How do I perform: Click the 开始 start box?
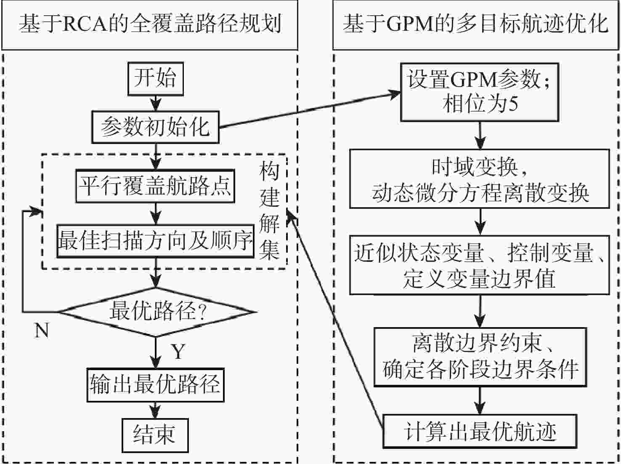156,79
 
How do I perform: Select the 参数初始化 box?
156,126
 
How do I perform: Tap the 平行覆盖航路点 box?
156,185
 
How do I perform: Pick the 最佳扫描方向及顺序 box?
156,241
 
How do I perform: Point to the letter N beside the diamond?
41,331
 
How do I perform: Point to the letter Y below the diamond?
178,351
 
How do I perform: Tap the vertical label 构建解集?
269,211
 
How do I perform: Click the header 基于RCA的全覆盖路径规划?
150,24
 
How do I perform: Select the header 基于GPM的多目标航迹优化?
476,24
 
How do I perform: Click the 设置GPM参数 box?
480,92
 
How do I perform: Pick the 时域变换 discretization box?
480,179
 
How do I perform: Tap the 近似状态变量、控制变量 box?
480,264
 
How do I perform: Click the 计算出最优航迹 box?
480,432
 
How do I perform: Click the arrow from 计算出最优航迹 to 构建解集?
337,320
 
